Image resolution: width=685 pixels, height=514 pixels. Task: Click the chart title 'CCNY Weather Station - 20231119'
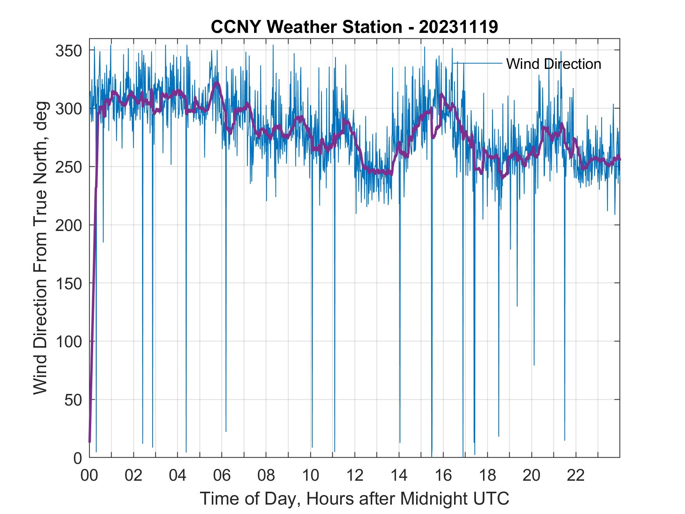point(354,27)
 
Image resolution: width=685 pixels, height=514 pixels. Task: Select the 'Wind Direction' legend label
point(553,64)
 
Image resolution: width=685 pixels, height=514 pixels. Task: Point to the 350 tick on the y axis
point(68,50)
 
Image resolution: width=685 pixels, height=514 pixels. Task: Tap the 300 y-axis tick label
point(68,109)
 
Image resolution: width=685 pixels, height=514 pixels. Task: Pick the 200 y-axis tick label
point(68,225)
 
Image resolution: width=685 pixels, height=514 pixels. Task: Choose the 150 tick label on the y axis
point(68,283)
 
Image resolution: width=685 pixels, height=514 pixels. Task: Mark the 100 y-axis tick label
point(68,341)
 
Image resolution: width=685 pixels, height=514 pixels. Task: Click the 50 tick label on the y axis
point(73,400)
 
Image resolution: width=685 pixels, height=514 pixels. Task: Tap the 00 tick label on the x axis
point(89,476)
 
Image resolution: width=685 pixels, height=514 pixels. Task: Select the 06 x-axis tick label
point(222,476)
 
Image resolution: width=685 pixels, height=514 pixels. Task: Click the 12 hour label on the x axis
point(355,476)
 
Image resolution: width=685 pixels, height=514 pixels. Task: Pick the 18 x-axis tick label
point(487,476)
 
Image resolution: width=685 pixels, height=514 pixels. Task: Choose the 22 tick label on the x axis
point(576,476)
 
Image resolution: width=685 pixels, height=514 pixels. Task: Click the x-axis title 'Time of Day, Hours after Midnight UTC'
point(354,498)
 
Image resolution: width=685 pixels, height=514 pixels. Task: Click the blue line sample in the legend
point(478,63)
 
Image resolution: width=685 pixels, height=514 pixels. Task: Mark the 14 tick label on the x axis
point(399,476)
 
